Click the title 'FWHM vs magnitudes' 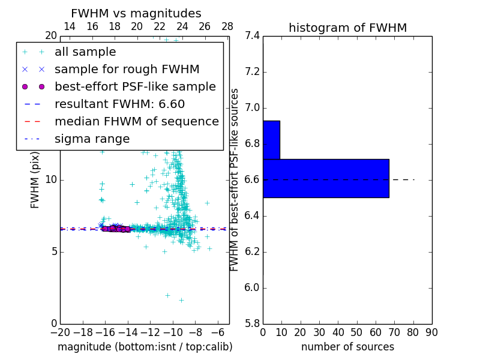click(136, 13)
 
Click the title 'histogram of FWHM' click(347, 28)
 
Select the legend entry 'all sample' click(85, 52)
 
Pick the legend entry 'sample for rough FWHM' click(127, 70)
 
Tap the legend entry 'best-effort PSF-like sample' click(135, 86)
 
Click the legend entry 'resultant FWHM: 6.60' click(119, 104)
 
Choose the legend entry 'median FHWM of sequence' click(136, 121)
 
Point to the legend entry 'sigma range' click(92, 139)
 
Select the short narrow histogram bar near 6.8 click(271, 140)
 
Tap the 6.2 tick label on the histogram click(252, 252)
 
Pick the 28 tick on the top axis click(227, 26)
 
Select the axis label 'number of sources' click(347, 347)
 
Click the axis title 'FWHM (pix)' click(35, 179)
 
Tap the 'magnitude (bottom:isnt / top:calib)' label click(145, 347)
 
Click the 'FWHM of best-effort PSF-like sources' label click(235, 179)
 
